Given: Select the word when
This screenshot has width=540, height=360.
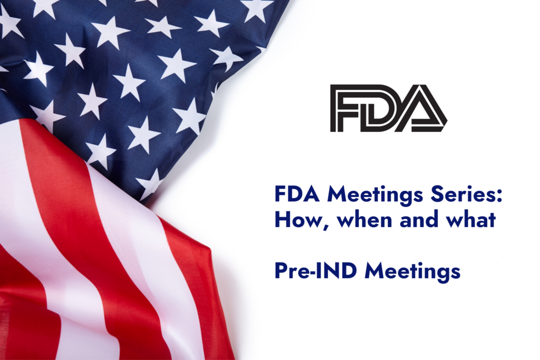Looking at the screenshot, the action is [x=365, y=219].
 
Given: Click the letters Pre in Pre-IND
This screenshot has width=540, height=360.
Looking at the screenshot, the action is [x=291, y=271].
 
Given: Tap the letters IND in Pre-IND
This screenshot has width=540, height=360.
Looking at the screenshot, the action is [x=334, y=271].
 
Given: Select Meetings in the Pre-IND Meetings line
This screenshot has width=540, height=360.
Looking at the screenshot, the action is [x=412, y=272].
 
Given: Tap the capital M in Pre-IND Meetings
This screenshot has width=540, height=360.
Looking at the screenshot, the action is [x=374, y=271].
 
